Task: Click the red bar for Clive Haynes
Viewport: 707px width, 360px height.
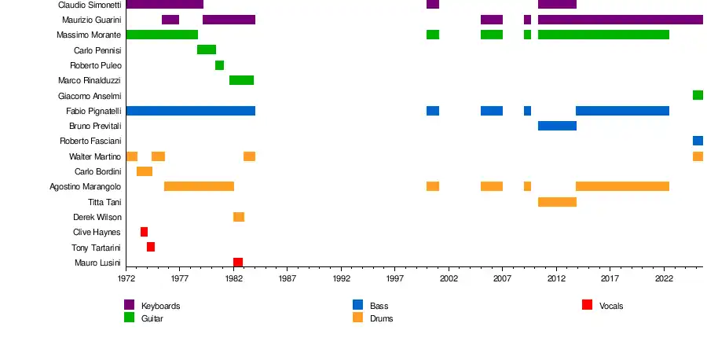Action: coord(144,232)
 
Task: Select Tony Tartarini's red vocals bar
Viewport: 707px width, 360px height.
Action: coord(151,247)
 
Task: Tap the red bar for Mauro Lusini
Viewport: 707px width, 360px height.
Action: coord(238,263)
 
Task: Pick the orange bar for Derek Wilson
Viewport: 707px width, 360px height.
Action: coord(239,217)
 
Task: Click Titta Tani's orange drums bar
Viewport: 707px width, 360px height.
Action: coord(557,202)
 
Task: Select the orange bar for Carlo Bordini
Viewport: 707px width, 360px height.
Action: coord(145,171)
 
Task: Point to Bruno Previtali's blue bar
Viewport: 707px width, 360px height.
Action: coord(557,126)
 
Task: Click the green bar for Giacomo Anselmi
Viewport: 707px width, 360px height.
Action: coord(698,95)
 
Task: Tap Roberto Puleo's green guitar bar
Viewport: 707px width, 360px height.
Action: coord(219,65)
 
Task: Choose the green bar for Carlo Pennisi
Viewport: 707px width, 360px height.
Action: coord(207,50)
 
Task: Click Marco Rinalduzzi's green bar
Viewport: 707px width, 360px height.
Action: coord(241,80)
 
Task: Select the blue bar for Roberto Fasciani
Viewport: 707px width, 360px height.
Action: coord(698,141)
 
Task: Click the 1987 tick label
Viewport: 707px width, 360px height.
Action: coord(288,278)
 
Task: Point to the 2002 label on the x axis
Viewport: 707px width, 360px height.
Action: coord(449,278)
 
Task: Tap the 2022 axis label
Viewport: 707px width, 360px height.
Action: coord(664,278)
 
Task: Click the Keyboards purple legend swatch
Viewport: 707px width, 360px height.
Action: coord(130,305)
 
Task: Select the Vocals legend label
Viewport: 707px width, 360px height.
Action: coord(611,306)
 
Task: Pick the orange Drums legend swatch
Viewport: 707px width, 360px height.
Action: coord(357,318)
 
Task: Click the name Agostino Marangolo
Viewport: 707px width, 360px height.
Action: coord(86,187)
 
